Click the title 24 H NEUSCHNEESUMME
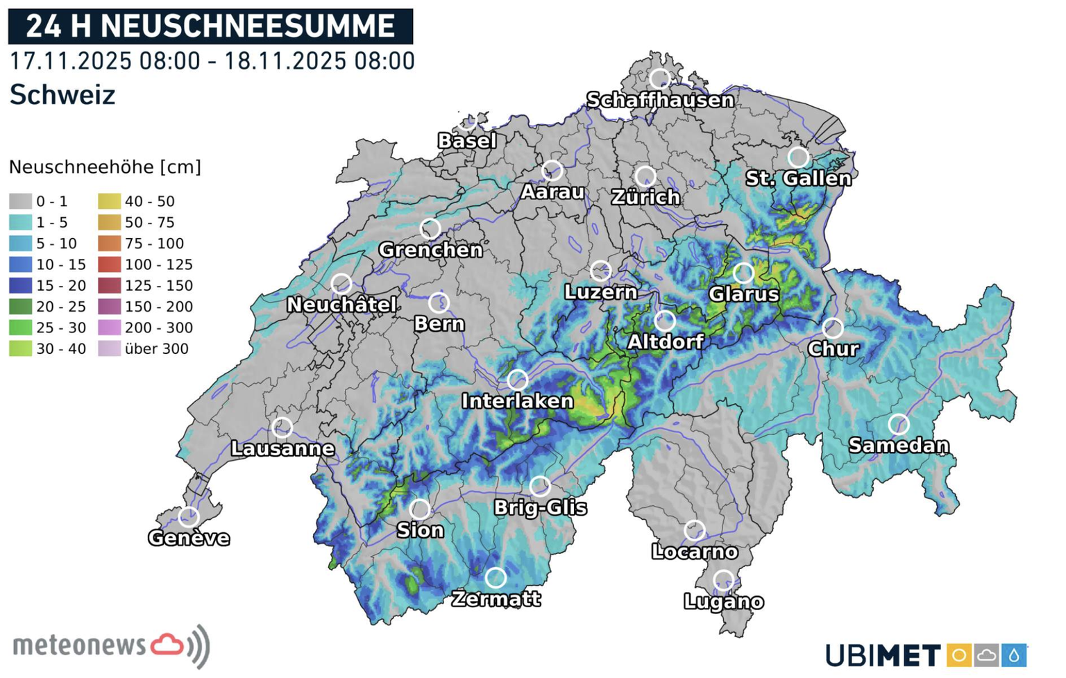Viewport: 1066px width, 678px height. click(x=210, y=26)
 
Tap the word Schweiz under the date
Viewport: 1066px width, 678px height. click(x=62, y=95)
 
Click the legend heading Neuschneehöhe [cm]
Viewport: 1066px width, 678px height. click(x=105, y=167)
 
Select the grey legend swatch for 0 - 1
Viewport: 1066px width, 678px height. click(x=20, y=201)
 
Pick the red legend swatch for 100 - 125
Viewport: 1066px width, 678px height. click(x=109, y=264)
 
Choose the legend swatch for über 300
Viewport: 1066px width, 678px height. click(x=109, y=348)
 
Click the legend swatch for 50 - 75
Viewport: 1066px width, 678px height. click(x=109, y=222)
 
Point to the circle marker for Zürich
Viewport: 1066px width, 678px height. click(x=645, y=176)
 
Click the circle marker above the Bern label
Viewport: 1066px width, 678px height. click(x=439, y=303)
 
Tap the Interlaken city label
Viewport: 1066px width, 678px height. click(x=517, y=401)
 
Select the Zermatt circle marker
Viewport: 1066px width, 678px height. click(x=496, y=577)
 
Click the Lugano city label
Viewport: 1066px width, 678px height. click(x=724, y=602)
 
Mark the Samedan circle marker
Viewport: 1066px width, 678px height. click(x=899, y=424)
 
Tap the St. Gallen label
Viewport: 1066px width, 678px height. click(x=798, y=179)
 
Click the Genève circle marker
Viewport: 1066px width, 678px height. click(x=189, y=517)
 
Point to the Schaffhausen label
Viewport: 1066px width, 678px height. click(x=660, y=101)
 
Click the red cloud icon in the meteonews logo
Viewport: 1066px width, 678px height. click(x=167, y=645)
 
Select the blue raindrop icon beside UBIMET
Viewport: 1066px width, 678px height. click(x=1014, y=655)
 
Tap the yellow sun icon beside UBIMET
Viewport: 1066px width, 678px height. click(x=959, y=655)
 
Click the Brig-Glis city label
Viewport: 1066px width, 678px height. click(x=540, y=508)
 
